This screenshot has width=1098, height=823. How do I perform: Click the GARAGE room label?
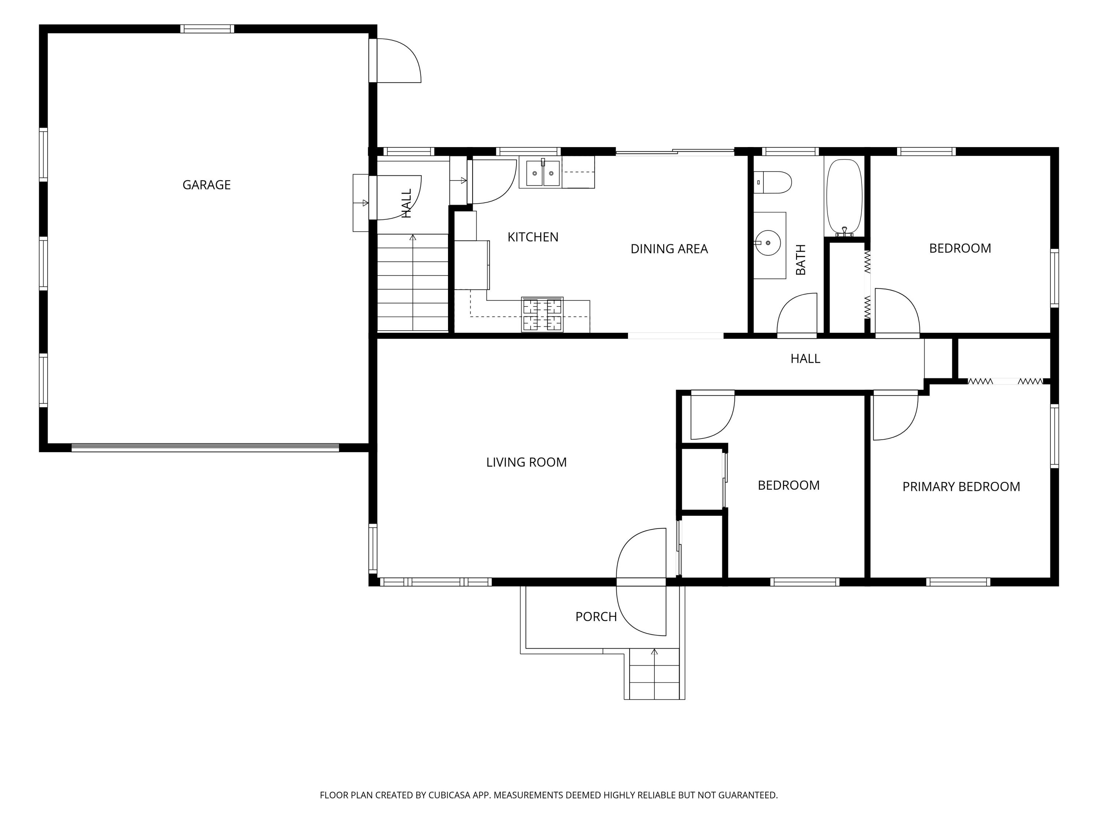tap(206, 185)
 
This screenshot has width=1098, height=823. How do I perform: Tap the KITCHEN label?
tap(533, 237)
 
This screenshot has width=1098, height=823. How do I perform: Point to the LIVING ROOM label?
tap(526, 462)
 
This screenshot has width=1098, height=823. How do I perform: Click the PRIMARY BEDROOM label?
tap(961, 486)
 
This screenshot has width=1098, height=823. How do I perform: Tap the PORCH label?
tap(595, 617)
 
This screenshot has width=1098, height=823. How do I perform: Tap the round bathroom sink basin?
tap(768, 243)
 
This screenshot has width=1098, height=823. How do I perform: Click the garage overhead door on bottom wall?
tap(205, 447)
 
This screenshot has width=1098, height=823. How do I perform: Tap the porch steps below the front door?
tap(654, 674)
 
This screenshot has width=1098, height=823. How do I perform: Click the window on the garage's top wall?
tap(207, 29)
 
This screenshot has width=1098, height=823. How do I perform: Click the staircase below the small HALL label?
tap(413, 282)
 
